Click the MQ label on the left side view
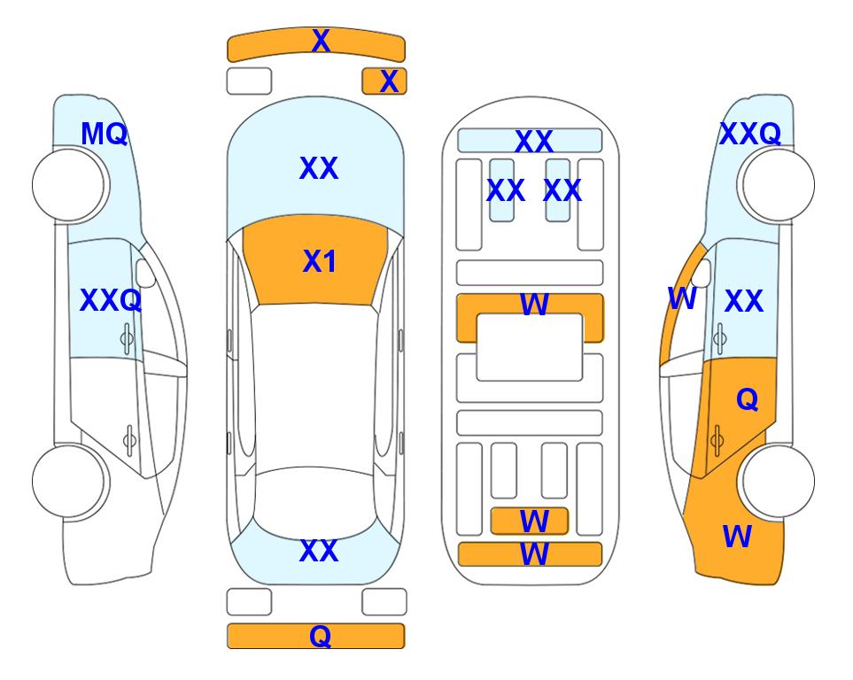[x=104, y=134]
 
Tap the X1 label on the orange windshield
[x=320, y=261]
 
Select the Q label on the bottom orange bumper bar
[x=321, y=636]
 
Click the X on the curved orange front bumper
[x=321, y=41]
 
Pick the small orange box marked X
[x=384, y=81]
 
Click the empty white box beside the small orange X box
[x=249, y=81]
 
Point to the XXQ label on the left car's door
[x=111, y=300]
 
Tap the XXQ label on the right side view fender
[x=750, y=134]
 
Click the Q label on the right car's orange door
[x=748, y=400]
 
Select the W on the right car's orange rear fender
[x=737, y=537]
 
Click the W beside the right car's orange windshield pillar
[x=682, y=298]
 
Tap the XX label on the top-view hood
[x=319, y=168]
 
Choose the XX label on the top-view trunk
[x=319, y=551]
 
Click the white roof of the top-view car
[x=314, y=386]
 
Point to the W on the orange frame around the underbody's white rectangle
[x=534, y=304]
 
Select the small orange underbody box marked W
[x=530, y=522]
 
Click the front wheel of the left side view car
[x=69, y=185]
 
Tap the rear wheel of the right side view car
[x=779, y=482]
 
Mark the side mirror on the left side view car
[x=145, y=274]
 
